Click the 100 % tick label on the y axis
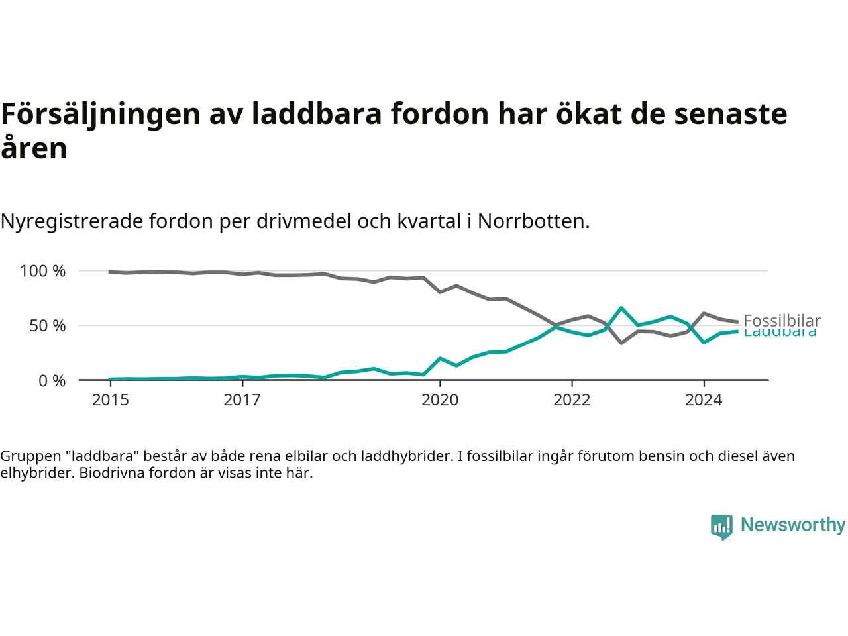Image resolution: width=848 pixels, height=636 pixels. click(x=43, y=271)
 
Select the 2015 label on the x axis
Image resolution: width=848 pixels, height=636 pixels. click(x=111, y=400)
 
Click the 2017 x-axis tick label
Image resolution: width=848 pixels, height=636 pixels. click(x=242, y=400)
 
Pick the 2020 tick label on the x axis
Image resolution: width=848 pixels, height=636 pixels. click(x=440, y=400)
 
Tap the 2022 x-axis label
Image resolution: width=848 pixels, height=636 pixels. click(x=572, y=400)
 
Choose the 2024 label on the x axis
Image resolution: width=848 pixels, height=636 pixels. click(x=704, y=400)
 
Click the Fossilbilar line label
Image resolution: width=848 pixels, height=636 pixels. click(x=782, y=321)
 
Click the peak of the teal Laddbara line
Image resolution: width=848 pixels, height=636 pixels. click(x=621, y=308)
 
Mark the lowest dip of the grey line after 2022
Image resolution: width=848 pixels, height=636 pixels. click(x=621, y=343)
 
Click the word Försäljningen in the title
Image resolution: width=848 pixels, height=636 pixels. click(x=101, y=114)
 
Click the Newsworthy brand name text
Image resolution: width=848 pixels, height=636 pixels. click(x=793, y=525)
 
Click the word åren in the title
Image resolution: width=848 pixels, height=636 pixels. click(x=34, y=148)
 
